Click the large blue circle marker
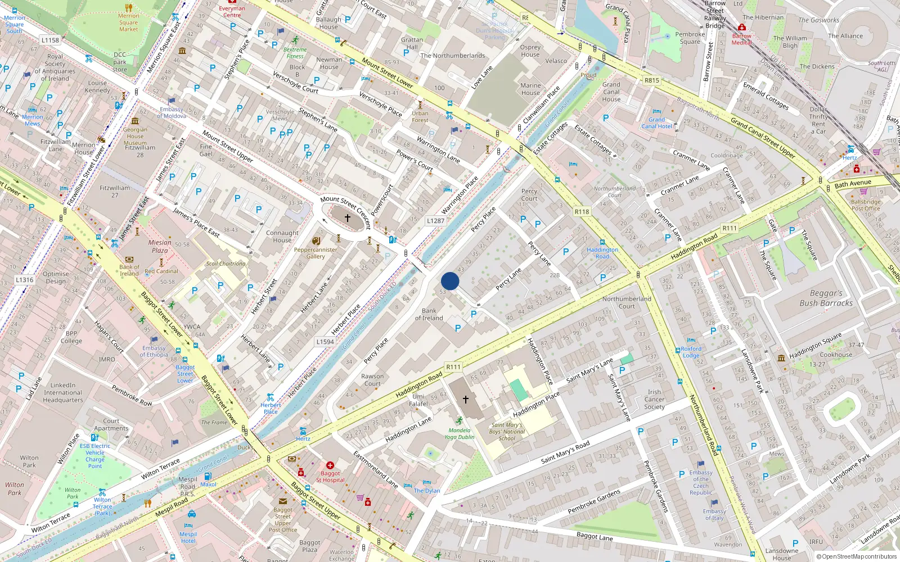(x=450, y=281)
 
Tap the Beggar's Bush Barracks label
(x=826, y=298)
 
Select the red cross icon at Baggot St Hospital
(x=330, y=465)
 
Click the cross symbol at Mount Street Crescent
(x=348, y=217)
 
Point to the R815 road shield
(x=651, y=80)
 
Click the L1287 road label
(x=435, y=221)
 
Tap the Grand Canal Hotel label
(x=656, y=123)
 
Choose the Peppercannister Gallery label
(x=316, y=253)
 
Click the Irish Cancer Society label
(x=654, y=399)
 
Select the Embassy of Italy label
(x=714, y=514)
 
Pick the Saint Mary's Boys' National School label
(x=507, y=432)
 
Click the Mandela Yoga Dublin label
(x=460, y=433)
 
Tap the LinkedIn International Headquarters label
(x=63, y=393)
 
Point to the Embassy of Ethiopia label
(x=154, y=351)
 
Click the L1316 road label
(x=24, y=279)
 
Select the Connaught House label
(x=282, y=236)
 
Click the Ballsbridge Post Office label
(x=866, y=205)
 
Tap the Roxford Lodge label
(x=691, y=352)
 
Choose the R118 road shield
(x=582, y=212)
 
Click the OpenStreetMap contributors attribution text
(x=859, y=556)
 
